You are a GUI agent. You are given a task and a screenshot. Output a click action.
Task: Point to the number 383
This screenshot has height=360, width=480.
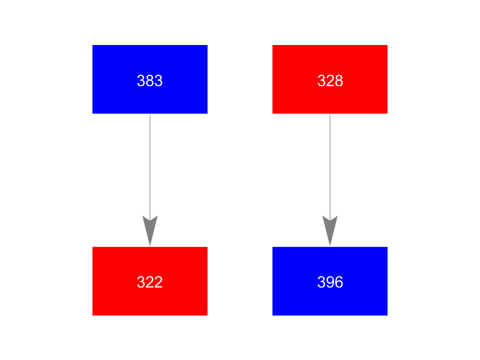tap(150, 81)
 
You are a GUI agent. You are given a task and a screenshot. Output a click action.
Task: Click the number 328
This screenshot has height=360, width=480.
tap(330, 81)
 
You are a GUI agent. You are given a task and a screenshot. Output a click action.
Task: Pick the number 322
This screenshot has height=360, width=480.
tap(150, 283)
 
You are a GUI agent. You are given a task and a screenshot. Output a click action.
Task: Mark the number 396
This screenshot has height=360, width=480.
tap(330, 283)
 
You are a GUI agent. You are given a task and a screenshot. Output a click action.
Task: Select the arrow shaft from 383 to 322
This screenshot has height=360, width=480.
tap(150, 165)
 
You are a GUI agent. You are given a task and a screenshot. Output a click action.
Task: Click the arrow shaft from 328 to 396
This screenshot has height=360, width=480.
tap(330, 165)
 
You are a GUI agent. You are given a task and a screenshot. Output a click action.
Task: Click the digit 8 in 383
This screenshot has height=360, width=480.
tap(150, 81)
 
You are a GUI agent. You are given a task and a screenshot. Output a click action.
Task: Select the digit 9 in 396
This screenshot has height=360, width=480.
tap(330, 283)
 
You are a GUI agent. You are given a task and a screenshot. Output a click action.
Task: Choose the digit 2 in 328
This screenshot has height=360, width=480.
tap(330, 81)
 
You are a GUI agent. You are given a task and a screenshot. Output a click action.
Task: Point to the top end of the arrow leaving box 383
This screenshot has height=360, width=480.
tap(150, 116)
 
